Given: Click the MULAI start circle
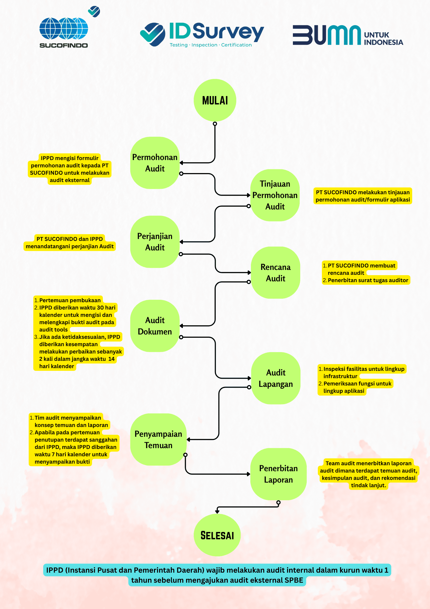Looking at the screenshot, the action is pyautogui.click(x=215, y=100).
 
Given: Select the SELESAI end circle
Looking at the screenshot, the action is pyautogui.click(x=217, y=535).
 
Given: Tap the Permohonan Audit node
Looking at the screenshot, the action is pyautogui.click(x=155, y=163).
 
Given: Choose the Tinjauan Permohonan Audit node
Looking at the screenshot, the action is pyautogui.click(x=275, y=195).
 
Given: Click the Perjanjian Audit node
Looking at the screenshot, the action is pyautogui.click(x=155, y=242).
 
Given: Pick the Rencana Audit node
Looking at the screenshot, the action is pyautogui.click(x=276, y=273).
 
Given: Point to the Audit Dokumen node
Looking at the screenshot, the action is pyautogui.click(x=155, y=326).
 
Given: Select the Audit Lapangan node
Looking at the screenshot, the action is pyautogui.click(x=276, y=378).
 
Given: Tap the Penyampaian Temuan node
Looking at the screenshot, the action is pyautogui.click(x=159, y=439).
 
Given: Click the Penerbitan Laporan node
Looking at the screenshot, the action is pyautogui.click(x=279, y=474).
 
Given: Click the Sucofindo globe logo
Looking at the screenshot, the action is pyautogui.click(x=64, y=28).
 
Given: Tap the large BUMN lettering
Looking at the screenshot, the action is pyautogui.click(x=327, y=35).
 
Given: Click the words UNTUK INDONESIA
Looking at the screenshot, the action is pyautogui.click(x=383, y=39).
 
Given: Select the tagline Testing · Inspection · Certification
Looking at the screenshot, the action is pyautogui.click(x=211, y=45).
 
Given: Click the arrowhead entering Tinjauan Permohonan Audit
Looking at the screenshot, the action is pyautogui.click(x=248, y=195).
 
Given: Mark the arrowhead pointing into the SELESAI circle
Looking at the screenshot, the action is pyautogui.click(x=217, y=512).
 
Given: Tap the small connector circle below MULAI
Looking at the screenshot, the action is pyautogui.click(x=215, y=124).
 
